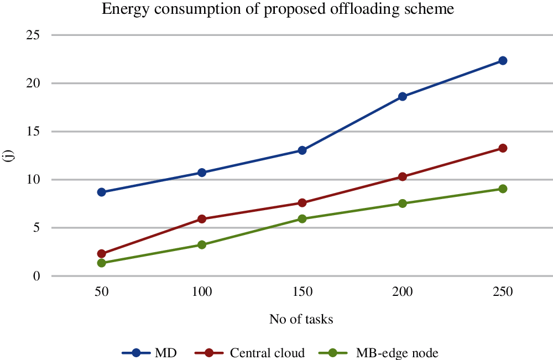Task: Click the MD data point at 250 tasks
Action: (503, 60)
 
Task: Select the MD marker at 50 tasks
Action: (101, 192)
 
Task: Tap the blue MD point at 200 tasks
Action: (403, 96)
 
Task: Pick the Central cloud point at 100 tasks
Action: (202, 219)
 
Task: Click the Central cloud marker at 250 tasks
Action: (503, 148)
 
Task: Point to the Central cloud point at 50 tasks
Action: (101, 254)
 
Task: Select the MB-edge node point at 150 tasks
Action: (302, 219)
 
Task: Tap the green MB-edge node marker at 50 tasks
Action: (101, 263)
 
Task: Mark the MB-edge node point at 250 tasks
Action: (503, 189)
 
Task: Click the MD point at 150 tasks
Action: (302, 150)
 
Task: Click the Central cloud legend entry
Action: (254, 353)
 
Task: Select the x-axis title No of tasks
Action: (301, 319)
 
